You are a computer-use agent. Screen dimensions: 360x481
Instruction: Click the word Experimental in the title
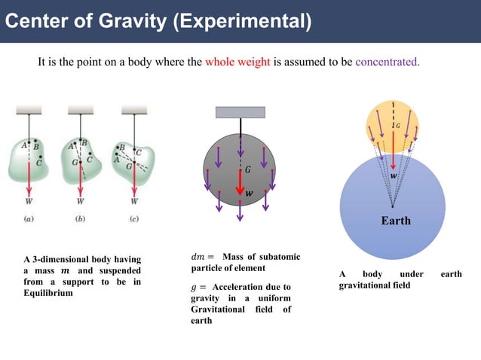(x=241, y=20)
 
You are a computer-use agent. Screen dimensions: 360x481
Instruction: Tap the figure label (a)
(x=29, y=219)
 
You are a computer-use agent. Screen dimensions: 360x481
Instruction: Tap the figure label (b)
(x=81, y=219)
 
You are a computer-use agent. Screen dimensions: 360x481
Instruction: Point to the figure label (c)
(x=134, y=219)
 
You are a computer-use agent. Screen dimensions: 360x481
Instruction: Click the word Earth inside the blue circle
(x=396, y=221)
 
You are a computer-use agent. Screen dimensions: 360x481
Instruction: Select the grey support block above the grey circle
(x=240, y=112)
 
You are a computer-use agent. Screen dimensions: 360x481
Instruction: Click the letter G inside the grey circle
(x=248, y=170)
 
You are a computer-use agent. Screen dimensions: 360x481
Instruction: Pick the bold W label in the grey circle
(x=249, y=193)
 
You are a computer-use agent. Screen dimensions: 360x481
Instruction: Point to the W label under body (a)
(x=29, y=201)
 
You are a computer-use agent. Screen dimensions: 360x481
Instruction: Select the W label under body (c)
(x=134, y=201)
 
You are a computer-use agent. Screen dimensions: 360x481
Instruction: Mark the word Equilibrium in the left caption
(x=48, y=294)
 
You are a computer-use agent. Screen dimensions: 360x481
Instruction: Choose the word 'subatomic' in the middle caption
(x=280, y=258)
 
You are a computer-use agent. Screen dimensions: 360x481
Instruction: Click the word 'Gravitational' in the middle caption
(x=218, y=310)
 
